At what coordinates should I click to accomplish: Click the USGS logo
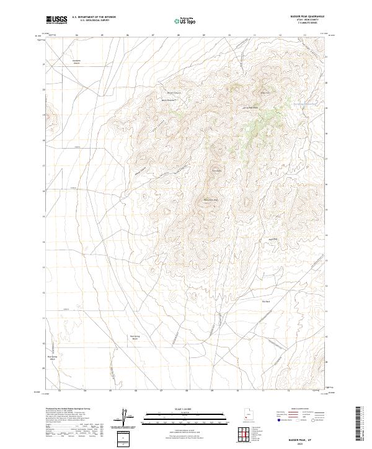pos(56,20)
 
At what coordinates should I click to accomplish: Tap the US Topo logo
pos(184,20)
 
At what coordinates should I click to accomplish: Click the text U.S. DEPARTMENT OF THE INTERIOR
pos(94,17)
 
